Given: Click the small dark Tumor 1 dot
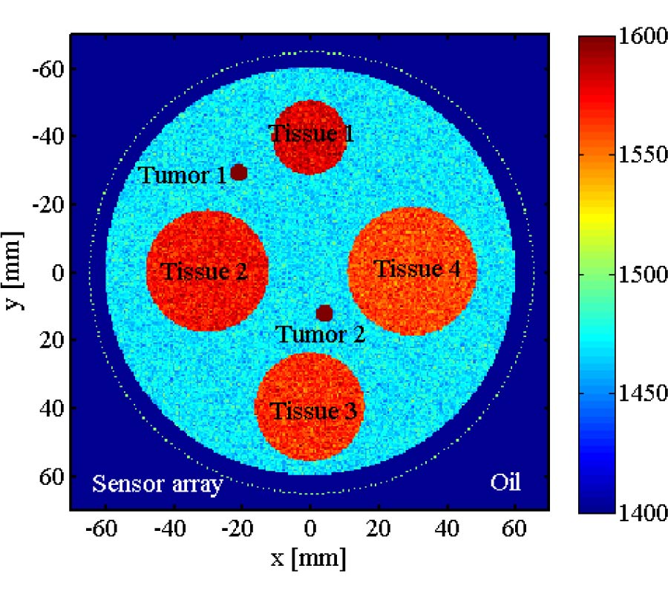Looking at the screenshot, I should click(238, 172).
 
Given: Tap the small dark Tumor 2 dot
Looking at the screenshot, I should click(324, 313).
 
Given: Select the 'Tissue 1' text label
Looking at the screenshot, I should click(311, 134).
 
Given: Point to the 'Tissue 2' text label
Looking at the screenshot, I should click(206, 271).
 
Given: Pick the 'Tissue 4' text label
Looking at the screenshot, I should click(416, 269).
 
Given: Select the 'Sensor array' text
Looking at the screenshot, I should click(157, 485).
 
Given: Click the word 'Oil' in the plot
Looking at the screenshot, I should click(505, 483).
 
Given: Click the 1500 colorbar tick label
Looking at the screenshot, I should click(631, 275).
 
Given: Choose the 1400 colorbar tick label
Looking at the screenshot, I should click(631, 512).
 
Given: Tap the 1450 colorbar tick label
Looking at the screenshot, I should click(631, 394).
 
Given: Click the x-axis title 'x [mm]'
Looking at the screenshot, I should click(308, 558).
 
